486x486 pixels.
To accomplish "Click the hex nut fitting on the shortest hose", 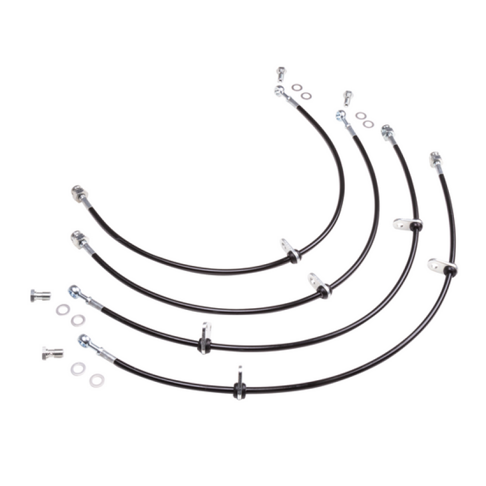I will pos(78,193).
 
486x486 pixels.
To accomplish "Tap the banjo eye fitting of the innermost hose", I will pos(279,90).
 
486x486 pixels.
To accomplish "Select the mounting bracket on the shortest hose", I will pos(289,250).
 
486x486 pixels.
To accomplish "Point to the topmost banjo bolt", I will pos(280,73).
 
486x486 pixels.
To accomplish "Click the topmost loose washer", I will pos(296,87).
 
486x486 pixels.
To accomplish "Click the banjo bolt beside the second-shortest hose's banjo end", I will pos(347,97).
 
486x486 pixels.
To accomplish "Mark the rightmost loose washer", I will pos(369,124).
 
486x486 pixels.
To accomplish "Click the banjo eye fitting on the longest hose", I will pos(85,341).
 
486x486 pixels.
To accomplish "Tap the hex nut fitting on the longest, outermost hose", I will pos(436,159).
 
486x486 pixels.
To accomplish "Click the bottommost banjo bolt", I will pos(53,353).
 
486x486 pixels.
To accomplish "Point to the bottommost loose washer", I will pos(97,380).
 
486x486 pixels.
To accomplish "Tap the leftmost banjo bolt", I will pos(40,296).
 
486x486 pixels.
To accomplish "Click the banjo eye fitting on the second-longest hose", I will pos(75,292).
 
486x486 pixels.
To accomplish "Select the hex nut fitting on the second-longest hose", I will pos(388,133).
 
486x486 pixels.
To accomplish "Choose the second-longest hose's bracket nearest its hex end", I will pos(407,224).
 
